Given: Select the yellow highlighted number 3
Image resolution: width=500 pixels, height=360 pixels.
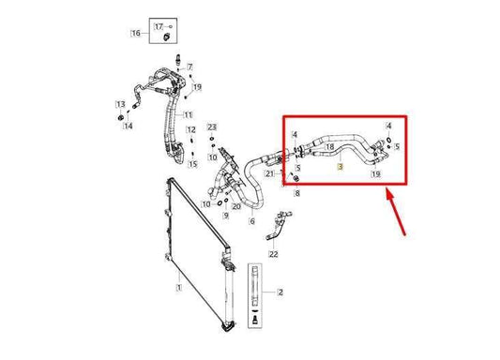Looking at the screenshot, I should pyautogui.click(x=341, y=165).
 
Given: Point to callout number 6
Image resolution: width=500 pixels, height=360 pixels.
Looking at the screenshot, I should pyautogui.click(x=251, y=222).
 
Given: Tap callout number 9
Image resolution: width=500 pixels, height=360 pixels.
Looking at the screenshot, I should pyautogui.click(x=225, y=215).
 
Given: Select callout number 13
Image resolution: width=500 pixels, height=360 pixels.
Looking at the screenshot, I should pyautogui.click(x=120, y=103).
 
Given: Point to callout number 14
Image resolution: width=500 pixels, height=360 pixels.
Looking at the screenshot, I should pyautogui.click(x=129, y=126).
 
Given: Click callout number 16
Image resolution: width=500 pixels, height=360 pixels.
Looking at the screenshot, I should pyautogui.click(x=136, y=33).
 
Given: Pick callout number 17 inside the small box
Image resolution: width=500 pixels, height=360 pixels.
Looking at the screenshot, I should pyautogui.click(x=159, y=25).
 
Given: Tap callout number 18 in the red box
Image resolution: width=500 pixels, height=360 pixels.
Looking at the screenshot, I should pyautogui.click(x=328, y=146).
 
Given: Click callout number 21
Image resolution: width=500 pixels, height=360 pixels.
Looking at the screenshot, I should pyautogui.click(x=269, y=172).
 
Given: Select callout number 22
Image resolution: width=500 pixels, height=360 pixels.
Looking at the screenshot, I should pyautogui.click(x=273, y=254).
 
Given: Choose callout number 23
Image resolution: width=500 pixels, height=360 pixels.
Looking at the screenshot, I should pyautogui.click(x=212, y=127).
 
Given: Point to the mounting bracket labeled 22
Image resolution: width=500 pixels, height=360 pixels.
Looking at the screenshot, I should pyautogui.click(x=278, y=226).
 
